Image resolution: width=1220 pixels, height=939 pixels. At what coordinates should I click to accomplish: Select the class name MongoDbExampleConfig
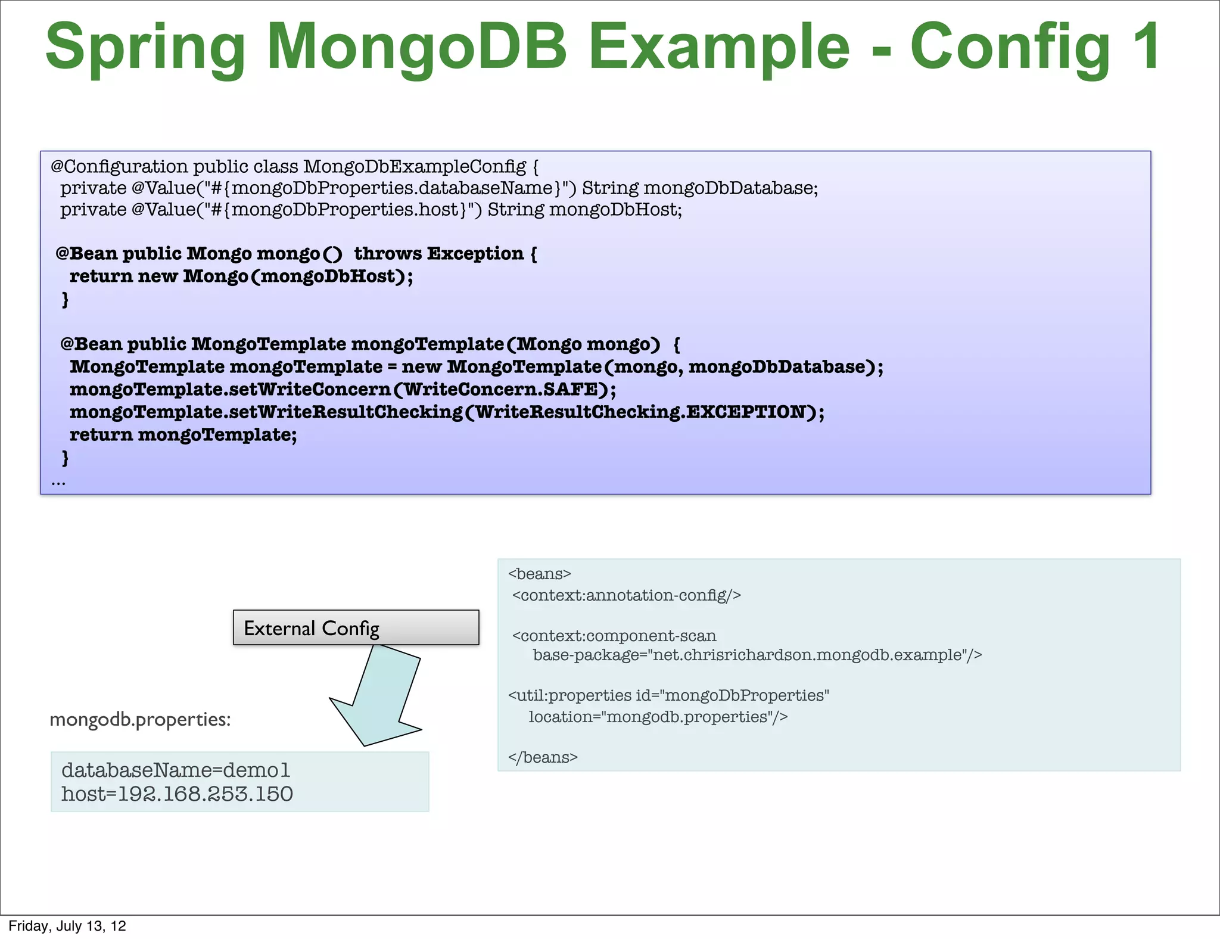(x=415, y=166)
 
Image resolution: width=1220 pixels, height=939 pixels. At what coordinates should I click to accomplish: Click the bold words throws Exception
(x=439, y=254)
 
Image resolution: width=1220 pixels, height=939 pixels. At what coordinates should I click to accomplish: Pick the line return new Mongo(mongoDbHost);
(x=241, y=276)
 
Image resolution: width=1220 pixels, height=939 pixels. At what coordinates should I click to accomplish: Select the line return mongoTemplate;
(x=183, y=435)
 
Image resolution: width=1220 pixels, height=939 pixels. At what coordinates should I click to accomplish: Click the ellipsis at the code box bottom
(x=58, y=481)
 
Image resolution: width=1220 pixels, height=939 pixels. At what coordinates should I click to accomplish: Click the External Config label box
(x=356, y=628)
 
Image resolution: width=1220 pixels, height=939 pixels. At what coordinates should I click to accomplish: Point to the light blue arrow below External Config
(x=381, y=697)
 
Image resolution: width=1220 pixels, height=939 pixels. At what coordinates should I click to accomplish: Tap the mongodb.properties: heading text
(x=140, y=720)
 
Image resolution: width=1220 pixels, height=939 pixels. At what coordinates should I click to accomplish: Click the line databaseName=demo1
(x=176, y=770)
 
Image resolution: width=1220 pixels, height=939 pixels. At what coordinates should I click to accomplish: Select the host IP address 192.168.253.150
(x=206, y=794)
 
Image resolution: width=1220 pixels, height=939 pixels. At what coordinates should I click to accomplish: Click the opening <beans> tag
(x=539, y=574)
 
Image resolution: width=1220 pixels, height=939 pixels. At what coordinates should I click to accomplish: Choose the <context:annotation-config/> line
(x=626, y=596)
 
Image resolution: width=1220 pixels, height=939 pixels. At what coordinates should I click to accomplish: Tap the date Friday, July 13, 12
(x=67, y=926)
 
